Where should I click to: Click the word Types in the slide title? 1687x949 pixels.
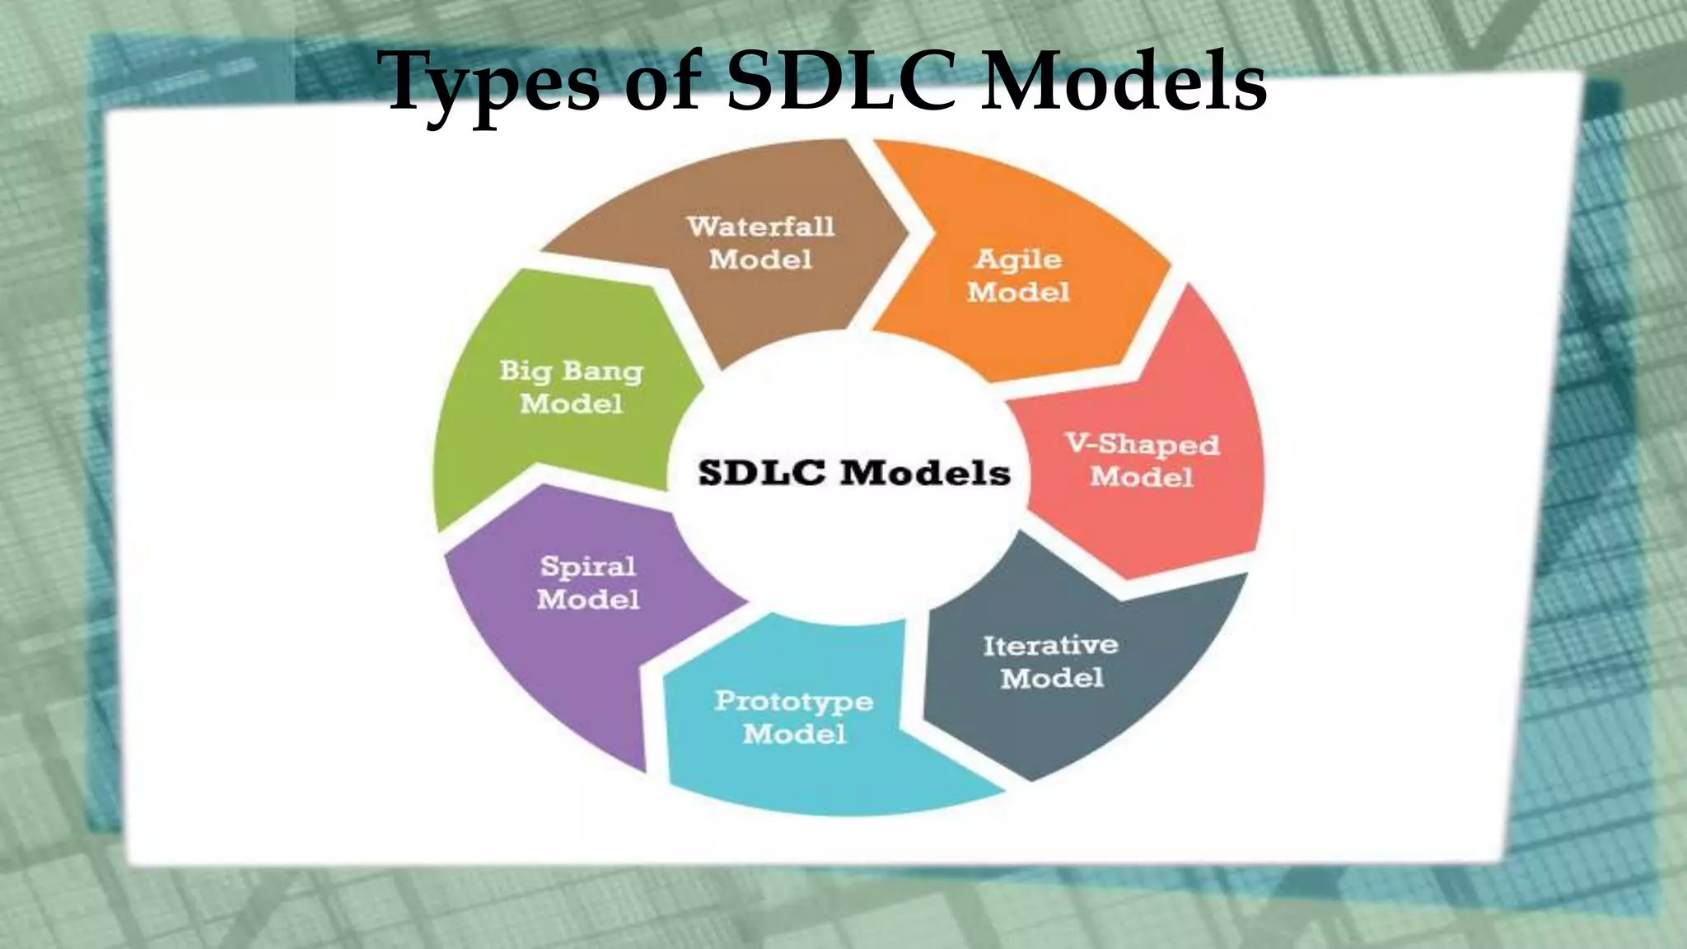click(x=493, y=82)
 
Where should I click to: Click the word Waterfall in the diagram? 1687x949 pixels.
click(x=760, y=226)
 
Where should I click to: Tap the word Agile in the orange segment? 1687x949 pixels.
click(x=1018, y=259)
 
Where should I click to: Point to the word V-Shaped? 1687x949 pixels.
click(x=1142, y=444)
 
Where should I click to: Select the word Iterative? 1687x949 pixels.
click(x=1050, y=645)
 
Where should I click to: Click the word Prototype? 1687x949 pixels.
click(x=794, y=701)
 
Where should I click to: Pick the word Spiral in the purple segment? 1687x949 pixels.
click(x=588, y=566)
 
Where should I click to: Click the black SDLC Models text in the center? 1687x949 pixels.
click(x=854, y=473)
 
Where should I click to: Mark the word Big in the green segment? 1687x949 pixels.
click(x=525, y=371)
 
